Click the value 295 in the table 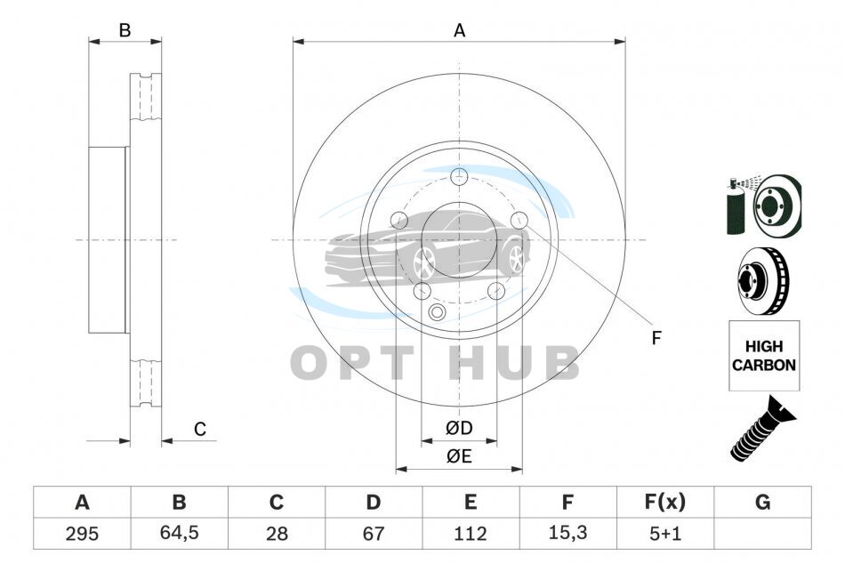pyautogui.click(x=82, y=534)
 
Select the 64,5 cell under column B pyautogui.click(x=179, y=533)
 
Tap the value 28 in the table pyautogui.click(x=277, y=534)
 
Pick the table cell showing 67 pyautogui.click(x=373, y=534)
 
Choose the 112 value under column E pyautogui.click(x=470, y=534)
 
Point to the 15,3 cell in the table pyautogui.click(x=567, y=533)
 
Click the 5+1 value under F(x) pyautogui.click(x=665, y=534)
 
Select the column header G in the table pyautogui.click(x=762, y=502)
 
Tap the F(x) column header pyautogui.click(x=665, y=502)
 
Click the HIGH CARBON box pyautogui.click(x=764, y=355)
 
